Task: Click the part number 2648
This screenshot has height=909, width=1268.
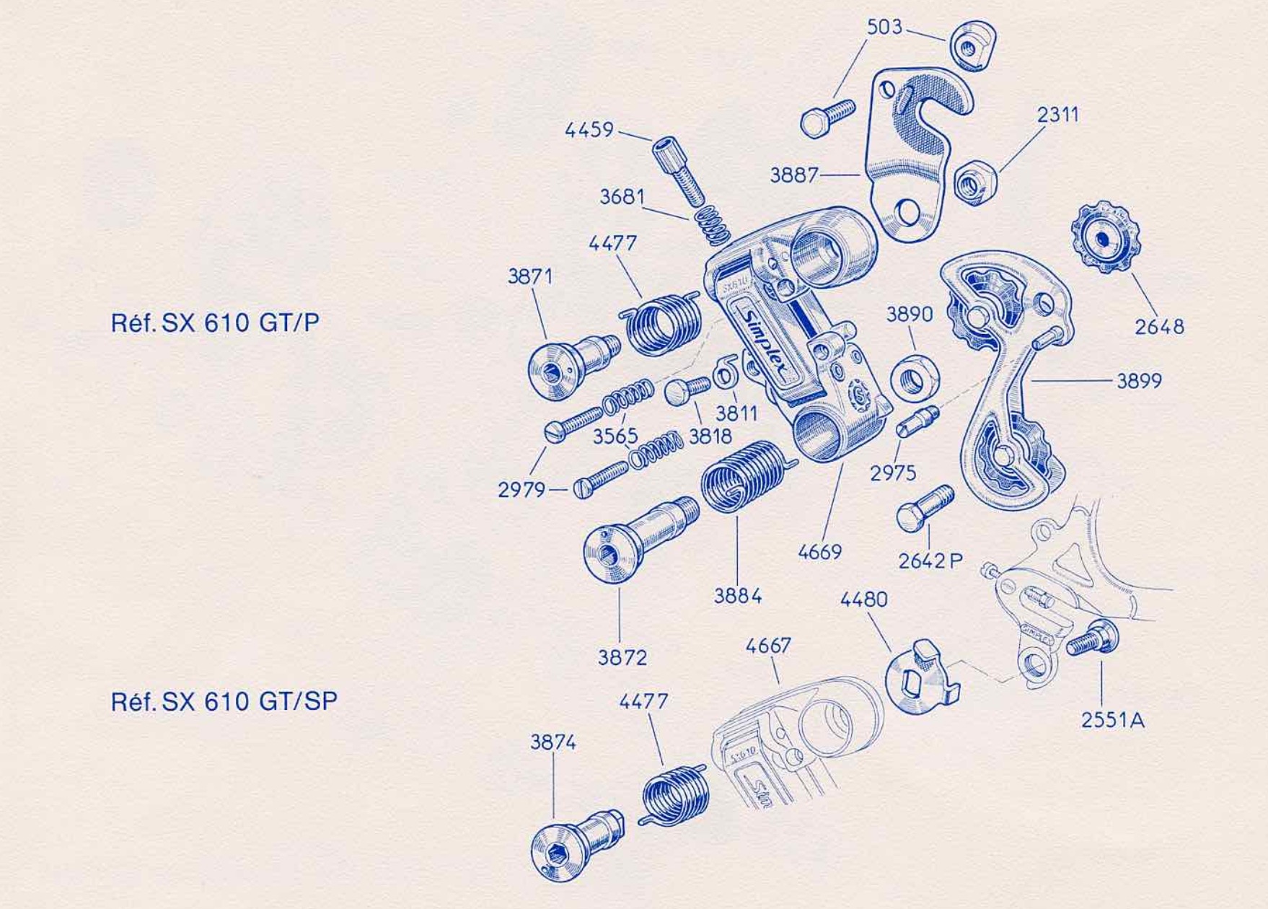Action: click(x=1159, y=327)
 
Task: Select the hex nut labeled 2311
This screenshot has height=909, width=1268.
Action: click(x=974, y=183)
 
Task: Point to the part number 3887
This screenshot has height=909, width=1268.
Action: click(x=794, y=175)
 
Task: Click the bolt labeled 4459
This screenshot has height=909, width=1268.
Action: click(x=679, y=170)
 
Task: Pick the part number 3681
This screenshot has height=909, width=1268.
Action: click(x=622, y=196)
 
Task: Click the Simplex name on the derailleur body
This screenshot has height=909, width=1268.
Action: click(x=768, y=341)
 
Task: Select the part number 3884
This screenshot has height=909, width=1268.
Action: click(x=738, y=596)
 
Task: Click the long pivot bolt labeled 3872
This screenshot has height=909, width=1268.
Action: click(x=639, y=538)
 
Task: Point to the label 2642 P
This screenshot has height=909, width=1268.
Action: click(x=930, y=561)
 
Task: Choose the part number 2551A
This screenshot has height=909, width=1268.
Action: click(x=1112, y=719)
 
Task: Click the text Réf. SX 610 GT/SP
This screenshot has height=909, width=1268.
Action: click(x=224, y=701)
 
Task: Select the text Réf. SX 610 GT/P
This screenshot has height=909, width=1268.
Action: click(x=215, y=322)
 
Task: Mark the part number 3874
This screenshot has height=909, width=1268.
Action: click(x=553, y=742)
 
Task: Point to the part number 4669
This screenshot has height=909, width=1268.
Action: click(x=820, y=552)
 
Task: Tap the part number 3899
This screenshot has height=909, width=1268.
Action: click(x=1140, y=380)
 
